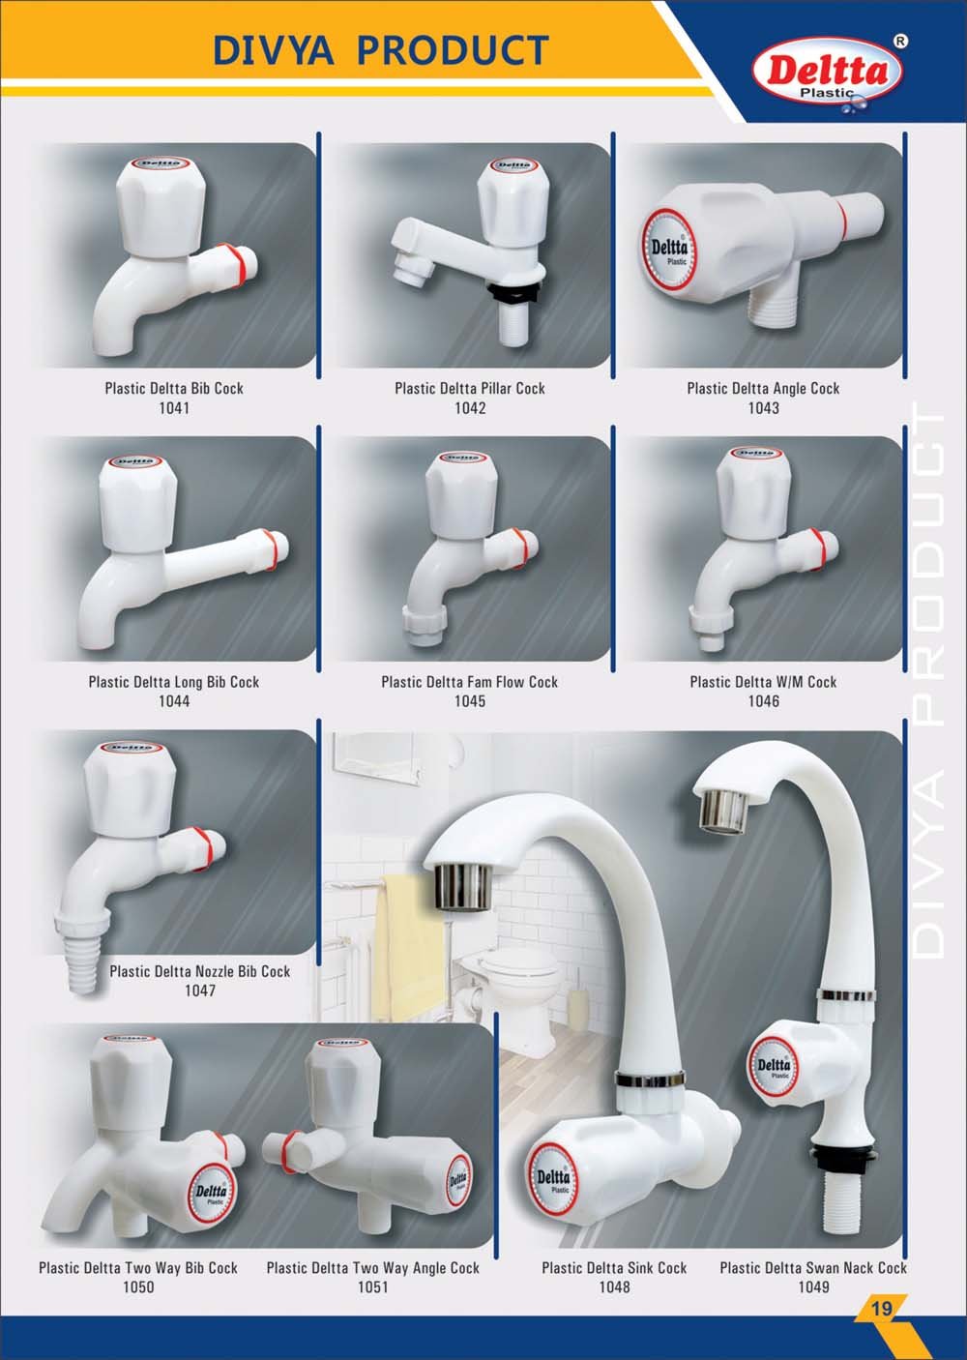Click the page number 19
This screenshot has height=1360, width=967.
pyautogui.click(x=881, y=1308)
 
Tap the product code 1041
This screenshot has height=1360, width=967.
pyautogui.click(x=174, y=408)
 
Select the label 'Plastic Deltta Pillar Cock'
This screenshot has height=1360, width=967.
pyautogui.click(x=470, y=389)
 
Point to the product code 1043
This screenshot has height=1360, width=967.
pyautogui.click(x=763, y=408)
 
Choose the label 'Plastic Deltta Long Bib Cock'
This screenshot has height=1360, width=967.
pyautogui.click(x=174, y=682)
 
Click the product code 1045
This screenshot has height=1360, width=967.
pyautogui.click(x=470, y=701)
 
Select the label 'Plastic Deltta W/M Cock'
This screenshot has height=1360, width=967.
pyautogui.click(x=763, y=682)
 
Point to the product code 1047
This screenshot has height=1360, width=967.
pyautogui.click(x=200, y=990)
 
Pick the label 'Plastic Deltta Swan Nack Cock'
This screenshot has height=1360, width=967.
pyautogui.click(x=813, y=1268)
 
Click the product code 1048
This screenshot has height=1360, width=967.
pyautogui.click(x=614, y=1286)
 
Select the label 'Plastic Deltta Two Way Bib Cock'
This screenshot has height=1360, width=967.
pyautogui.click(x=138, y=1268)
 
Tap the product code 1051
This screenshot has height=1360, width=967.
pyautogui.click(x=372, y=1286)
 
